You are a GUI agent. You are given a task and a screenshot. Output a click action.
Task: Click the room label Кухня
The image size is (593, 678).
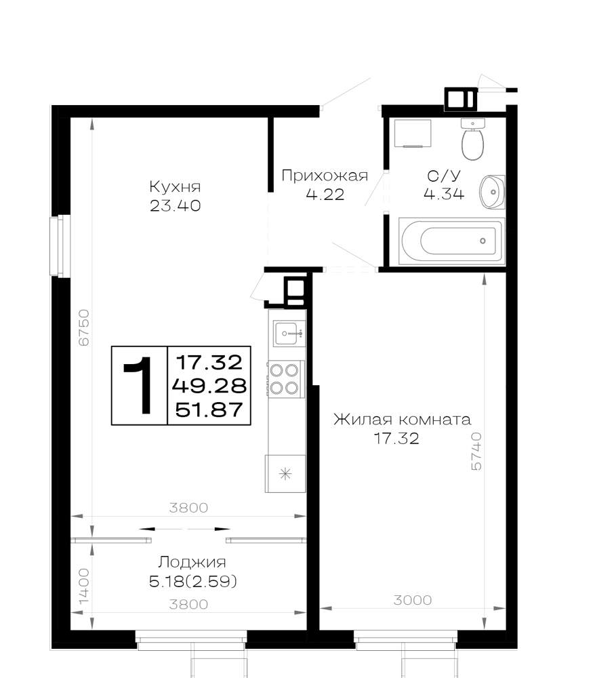(x=175, y=187)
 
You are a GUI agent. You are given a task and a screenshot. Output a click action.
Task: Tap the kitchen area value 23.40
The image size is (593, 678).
(x=175, y=206)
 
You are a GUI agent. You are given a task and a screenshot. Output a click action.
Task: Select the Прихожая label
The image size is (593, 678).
(x=325, y=176)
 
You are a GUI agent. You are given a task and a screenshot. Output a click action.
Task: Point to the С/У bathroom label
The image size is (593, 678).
(x=444, y=176)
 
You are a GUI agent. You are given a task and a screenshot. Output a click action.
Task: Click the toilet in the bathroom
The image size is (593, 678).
(x=472, y=139)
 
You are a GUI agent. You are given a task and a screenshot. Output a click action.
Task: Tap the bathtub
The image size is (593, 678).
(x=451, y=241)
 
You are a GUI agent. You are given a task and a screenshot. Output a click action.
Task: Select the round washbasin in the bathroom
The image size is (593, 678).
(x=492, y=192)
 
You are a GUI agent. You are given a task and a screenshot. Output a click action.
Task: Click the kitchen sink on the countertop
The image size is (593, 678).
(x=287, y=333)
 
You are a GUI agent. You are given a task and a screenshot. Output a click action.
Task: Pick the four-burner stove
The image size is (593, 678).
(x=285, y=379)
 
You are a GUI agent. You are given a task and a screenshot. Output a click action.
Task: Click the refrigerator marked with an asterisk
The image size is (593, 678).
(x=285, y=473)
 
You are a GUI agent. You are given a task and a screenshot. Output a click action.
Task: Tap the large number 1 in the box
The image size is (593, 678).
(x=138, y=385)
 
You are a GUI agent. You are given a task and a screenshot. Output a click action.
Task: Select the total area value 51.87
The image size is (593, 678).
(x=209, y=410)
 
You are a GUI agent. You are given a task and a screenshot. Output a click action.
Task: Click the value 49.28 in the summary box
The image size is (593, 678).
(x=209, y=385)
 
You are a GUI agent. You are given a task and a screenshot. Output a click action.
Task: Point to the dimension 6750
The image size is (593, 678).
(x=84, y=327)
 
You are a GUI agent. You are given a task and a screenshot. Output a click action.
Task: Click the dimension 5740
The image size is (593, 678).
(x=476, y=452)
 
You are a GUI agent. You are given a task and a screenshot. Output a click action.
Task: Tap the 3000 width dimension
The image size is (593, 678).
(x=413, y=600)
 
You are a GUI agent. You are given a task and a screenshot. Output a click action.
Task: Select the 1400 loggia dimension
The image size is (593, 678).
(x=84, y=586)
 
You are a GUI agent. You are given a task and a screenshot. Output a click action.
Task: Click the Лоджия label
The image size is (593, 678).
(x=192, y=562)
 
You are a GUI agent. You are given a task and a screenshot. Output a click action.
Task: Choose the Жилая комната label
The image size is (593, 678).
(x=402, y=420)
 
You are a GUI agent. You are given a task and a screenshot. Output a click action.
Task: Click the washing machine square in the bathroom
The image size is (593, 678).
(x=412, y=134)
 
